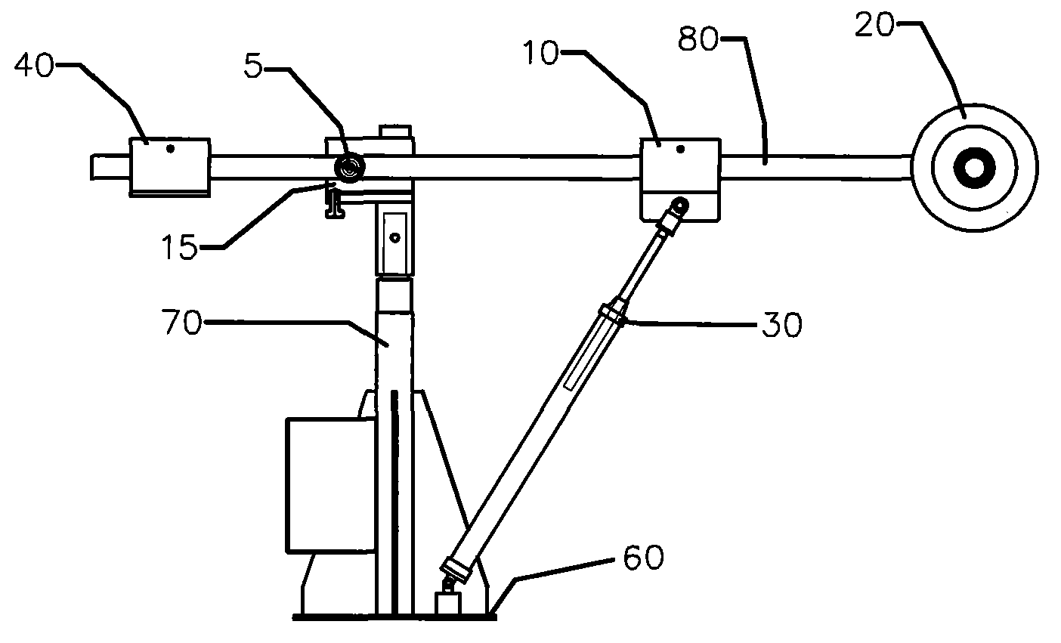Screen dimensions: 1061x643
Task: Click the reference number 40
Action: tap(34, 65)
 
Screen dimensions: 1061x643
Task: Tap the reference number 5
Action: tap(253, 66)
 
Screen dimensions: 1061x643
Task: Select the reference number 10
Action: tap(541, 53)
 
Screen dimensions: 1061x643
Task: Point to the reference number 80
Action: tap(698, 39)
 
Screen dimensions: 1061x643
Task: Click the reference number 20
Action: tap(875, 25)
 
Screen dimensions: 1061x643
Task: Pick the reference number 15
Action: tap(179, 246)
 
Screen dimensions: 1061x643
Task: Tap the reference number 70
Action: tap(182, 322)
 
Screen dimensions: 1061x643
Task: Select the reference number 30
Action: tap(782, 325)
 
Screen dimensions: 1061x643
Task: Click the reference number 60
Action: tap(643, 558)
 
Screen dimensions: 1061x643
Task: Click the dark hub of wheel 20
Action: tap(975, 168)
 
